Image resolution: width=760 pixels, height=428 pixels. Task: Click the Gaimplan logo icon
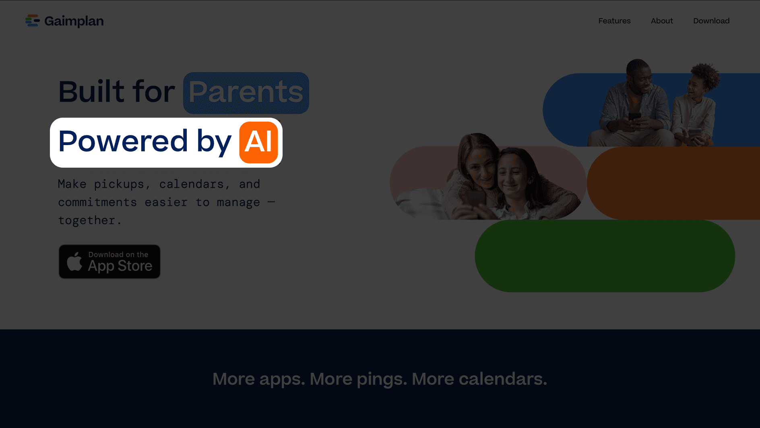[32, 21]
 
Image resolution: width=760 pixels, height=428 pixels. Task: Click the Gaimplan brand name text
[74, 21]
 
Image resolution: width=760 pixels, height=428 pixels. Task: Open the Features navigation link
[614, 21]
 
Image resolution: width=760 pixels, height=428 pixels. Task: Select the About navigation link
[662, 21]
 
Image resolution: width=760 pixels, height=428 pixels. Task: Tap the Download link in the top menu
[711, 21]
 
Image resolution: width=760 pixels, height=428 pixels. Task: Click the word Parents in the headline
[246, 93]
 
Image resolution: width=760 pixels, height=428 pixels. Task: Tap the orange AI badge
[258, 142]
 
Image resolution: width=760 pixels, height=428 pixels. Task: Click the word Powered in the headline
[123, 141]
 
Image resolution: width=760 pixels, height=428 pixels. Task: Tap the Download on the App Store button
[109, 262]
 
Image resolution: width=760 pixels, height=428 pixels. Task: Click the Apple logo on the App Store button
[74, 262]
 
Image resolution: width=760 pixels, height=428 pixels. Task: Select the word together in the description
[87, 220]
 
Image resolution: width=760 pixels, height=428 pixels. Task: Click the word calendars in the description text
[191, 184]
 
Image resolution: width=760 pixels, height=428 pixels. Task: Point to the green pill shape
[605, 256]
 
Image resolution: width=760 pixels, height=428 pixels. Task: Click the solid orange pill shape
[673, 183]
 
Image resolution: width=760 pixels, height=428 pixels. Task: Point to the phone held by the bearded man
[635, 117]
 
